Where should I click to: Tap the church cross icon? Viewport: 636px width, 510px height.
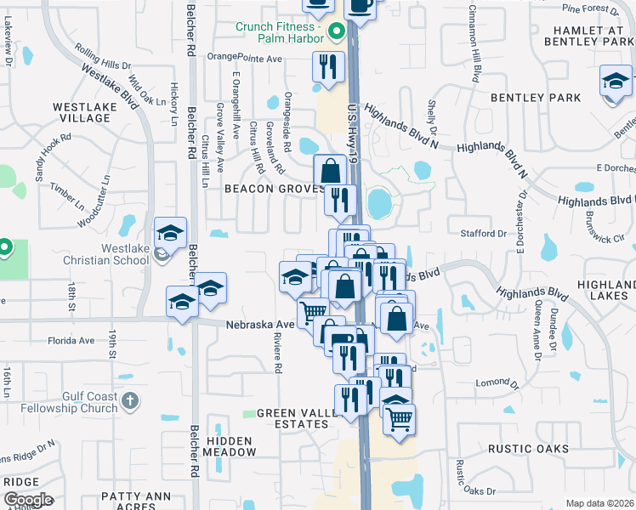[x=129, y=399]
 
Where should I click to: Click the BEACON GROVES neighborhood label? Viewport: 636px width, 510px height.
[x=272, y=188]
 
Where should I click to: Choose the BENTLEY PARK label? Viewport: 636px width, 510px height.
[x=535, y=98]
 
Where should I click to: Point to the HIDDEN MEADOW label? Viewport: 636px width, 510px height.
[x=229, y=446]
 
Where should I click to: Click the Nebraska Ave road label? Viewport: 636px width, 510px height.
[x=259, y=325]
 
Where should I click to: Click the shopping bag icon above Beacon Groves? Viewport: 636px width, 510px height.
[x=330, y=170]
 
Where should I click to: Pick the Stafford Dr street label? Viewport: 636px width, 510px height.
[x=483, y=233]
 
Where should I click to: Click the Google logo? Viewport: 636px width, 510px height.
[x=28, y=499]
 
